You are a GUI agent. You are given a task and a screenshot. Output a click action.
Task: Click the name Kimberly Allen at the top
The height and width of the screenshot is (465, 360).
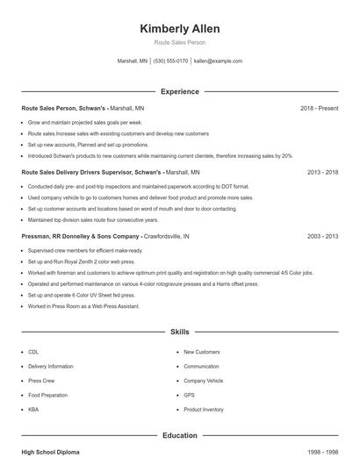(x=179, y=29)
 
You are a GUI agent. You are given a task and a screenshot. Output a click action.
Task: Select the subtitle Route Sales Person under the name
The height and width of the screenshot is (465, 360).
(x=179, y=43)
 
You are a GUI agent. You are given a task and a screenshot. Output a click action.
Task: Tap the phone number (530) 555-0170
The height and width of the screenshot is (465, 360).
(x=170, y=61)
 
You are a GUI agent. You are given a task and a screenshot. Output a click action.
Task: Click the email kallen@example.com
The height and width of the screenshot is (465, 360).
(x=218, y=61)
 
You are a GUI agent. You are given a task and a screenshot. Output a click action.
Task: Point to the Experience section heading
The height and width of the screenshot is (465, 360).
(x=179, y=91)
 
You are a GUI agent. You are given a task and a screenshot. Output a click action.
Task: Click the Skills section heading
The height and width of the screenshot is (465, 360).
(x=179, y=333)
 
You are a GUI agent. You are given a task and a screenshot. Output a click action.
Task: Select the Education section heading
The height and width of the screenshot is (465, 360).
(x=179, y=434)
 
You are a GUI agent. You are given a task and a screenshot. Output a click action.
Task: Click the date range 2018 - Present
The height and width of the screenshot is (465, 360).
(x=319, y=108)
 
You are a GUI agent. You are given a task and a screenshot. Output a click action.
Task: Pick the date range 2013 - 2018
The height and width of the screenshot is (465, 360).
(x=322, y=173)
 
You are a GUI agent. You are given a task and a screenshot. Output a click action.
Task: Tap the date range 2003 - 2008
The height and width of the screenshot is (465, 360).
(x=322, y=237)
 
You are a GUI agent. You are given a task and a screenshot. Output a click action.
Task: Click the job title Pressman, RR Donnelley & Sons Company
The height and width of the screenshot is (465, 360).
(x=81, y=237)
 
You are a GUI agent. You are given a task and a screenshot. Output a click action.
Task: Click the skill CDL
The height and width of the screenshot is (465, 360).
(x=33, y=351)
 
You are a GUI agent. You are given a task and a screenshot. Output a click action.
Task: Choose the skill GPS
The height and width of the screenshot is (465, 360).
(x=188, y=395)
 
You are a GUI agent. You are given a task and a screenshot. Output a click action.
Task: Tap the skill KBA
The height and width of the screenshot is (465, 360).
(x=33, y=410)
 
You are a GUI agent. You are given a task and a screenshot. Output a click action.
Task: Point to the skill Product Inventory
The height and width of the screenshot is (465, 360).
(x=204, y=410)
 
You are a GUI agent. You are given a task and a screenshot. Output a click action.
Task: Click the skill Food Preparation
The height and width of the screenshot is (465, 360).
(x=47, y=395)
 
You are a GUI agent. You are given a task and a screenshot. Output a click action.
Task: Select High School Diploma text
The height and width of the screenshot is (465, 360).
(x=50, y=452)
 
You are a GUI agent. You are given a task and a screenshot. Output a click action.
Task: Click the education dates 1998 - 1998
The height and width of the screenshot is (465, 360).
(x=322, y=452)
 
